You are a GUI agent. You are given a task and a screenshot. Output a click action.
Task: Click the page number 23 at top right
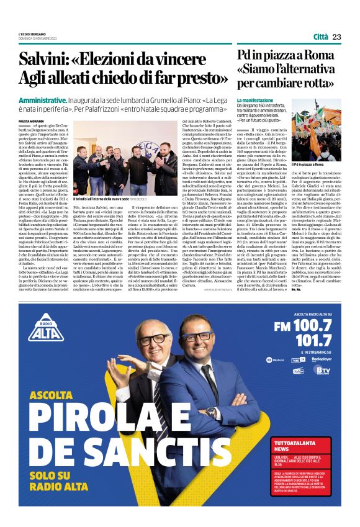336,37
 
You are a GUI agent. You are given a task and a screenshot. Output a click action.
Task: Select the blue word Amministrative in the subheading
43,101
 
